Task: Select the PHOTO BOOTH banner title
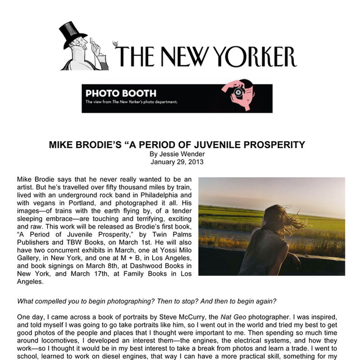pyautogui.click(x=120, y=93)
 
